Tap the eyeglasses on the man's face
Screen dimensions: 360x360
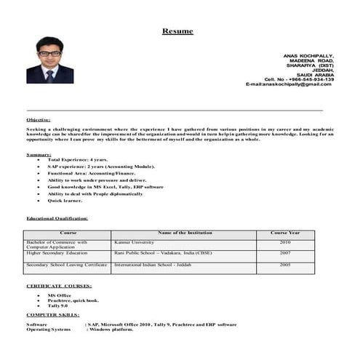[x=48, y=53]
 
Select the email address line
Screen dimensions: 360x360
[x=289, y=84]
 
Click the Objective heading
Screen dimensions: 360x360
[x=39, y=119]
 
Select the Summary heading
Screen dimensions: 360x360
[x=39, y=154]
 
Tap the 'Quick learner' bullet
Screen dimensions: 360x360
[x=65, y=200]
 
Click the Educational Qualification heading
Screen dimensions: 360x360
[x=57, y=218]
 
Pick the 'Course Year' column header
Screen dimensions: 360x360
[x=284, y=233]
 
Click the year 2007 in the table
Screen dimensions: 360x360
[x=284, y=254]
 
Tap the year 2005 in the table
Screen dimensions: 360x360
[x=284, y=265]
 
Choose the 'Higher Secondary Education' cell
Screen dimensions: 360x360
[x=57, y=254]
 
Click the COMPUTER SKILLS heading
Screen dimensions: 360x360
[x=53, y=315]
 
